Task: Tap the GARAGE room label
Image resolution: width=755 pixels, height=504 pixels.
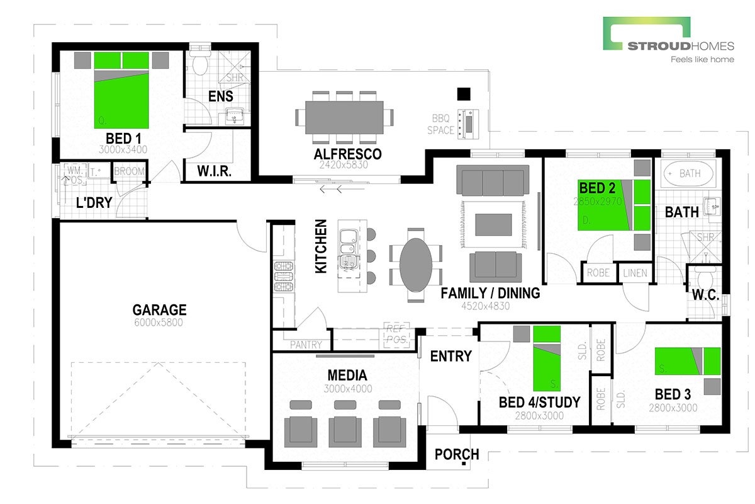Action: (159, 310)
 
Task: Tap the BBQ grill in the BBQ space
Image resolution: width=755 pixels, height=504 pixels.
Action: (469, 123)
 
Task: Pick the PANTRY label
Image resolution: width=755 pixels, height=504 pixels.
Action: (306, 345)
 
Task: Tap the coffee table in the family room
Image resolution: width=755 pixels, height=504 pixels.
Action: (493, 224)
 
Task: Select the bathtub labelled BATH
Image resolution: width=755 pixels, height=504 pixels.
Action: (688, 173)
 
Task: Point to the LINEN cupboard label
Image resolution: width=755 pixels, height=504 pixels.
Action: (635, 273)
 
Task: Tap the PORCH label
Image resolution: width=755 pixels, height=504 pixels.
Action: (457, 454)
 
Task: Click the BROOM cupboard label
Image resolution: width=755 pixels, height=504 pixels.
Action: (130, 171)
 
